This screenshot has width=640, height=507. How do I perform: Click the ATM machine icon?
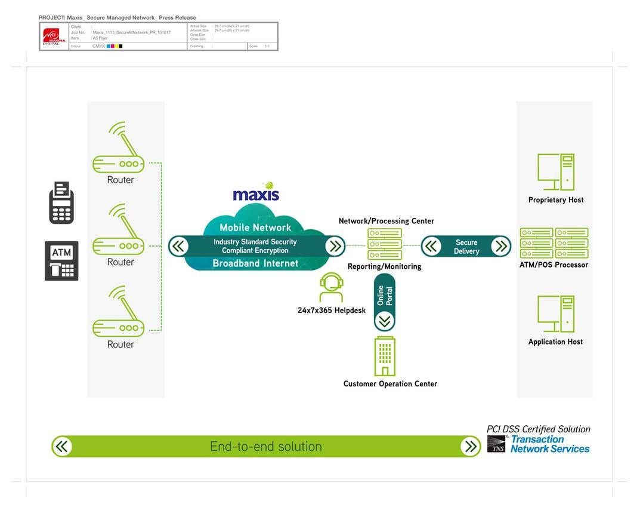click(61, 260)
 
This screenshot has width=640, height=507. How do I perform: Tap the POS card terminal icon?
click(61, 203)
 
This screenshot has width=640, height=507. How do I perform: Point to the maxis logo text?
click(256, 194)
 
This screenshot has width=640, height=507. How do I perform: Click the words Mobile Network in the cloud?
click(255, 228)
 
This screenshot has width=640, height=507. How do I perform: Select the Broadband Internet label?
click(255, 263)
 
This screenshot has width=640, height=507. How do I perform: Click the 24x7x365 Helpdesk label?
click(332, 311)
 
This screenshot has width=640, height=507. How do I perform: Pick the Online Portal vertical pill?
click(385, 302)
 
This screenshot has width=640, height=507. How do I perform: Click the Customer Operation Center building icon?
click(385, 357)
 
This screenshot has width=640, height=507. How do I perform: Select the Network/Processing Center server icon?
click(385, 244)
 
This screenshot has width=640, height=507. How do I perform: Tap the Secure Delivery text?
click(466, 247)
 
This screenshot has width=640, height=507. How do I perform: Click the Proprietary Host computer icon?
click(555, 172)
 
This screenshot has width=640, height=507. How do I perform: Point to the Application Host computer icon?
click(555, 314)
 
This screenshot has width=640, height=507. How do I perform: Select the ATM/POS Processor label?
click(554, 265)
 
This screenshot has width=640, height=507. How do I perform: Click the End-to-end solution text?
click(265, 447)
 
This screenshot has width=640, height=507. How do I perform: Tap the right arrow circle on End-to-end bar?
click(471, 447)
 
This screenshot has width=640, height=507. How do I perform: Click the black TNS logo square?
click(496, 444)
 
